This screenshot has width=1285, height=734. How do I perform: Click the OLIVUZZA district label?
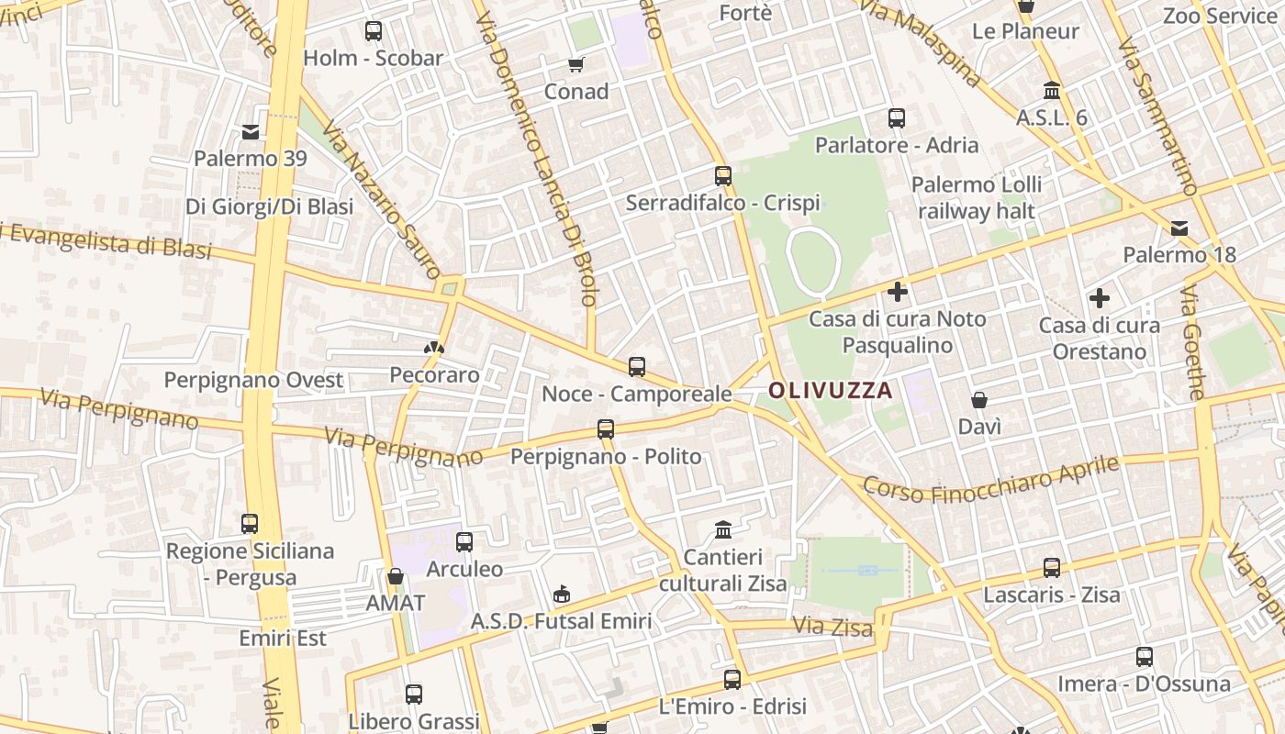pyautogui.click(x=830, y=391)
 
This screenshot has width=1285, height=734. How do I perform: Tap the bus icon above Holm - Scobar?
pyautogui.click(x=374, y=31)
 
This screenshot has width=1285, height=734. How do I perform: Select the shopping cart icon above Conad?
pyautogui.click(x=575, y=64)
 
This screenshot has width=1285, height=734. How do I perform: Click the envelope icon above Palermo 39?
pyautogui.click(x=251, y=132)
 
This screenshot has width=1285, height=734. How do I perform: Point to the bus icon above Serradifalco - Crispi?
pyautogui.click(x=723, y=176)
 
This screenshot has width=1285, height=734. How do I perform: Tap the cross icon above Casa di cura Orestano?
pyautogui.click(x=1099, y=298)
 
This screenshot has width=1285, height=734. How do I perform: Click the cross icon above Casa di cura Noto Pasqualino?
pyautogui.click(x=898, y=293)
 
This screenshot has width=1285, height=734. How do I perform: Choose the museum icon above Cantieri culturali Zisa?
pyautogui.click(x=723, y=530)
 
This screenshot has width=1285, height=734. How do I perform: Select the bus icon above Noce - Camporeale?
pyautogui.click(x=637, y=367)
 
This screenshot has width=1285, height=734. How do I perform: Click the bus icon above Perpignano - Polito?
pyautogui.click(x=606, y=429)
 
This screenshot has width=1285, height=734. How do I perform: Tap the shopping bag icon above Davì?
pyautogui.click(x=979, y=400)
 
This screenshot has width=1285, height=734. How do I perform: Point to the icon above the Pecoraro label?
pyautogui.click(x=434, y=348)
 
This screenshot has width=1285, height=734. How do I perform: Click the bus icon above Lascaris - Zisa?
pyautogui.click(x=1052, y=568)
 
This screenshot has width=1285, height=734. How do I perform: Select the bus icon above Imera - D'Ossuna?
pyautogui.click(x=1144, y=657)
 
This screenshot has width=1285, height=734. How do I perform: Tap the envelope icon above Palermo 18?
pyautogui.click(x=1179, y=228)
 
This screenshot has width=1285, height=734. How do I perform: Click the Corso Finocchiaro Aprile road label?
pyautogui.click(x=991, y=479)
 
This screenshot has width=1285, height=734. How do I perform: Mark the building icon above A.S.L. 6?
pyautogui.click(x=1052, y=91)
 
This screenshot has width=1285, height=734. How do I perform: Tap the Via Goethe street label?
pyautogui.click(x=1193, y=341)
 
